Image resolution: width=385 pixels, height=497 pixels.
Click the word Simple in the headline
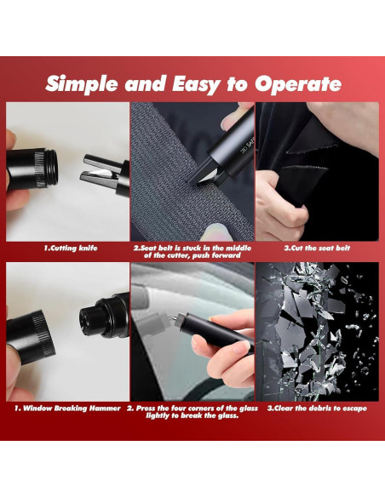coord(82,84)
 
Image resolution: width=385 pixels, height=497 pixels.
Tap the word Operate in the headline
coord(298,84)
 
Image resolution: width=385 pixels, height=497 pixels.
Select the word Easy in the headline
coord(196,84)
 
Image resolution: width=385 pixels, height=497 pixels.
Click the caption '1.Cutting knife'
coord(71,248)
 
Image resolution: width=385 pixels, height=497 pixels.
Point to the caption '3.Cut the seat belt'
coord(317,248)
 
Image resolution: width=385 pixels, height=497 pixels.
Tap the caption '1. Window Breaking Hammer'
coord(67,408)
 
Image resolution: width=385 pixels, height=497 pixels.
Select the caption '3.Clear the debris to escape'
coord(317,408)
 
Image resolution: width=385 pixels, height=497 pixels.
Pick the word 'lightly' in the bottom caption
coord(158,415)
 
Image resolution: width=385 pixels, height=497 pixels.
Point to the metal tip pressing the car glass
coord(174,318)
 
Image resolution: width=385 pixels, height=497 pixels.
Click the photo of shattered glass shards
coord(317,332)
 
